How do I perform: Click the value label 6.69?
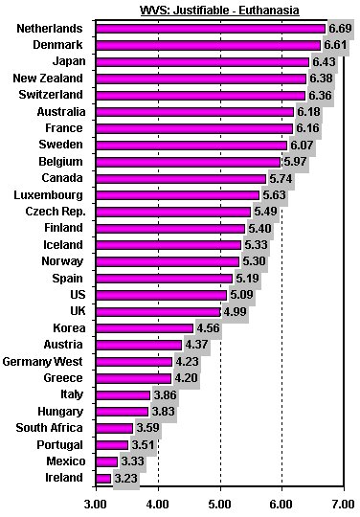[341, 29]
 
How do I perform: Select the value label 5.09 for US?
[241, 296]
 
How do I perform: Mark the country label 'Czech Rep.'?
[53, 212]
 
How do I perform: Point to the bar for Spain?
[164, 279]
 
